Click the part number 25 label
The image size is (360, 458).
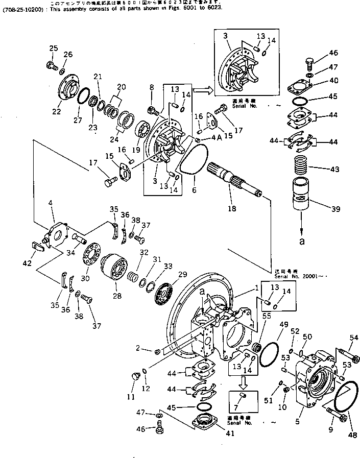click(x=53, y=48)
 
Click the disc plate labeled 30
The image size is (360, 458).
click(x=92, y=255)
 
